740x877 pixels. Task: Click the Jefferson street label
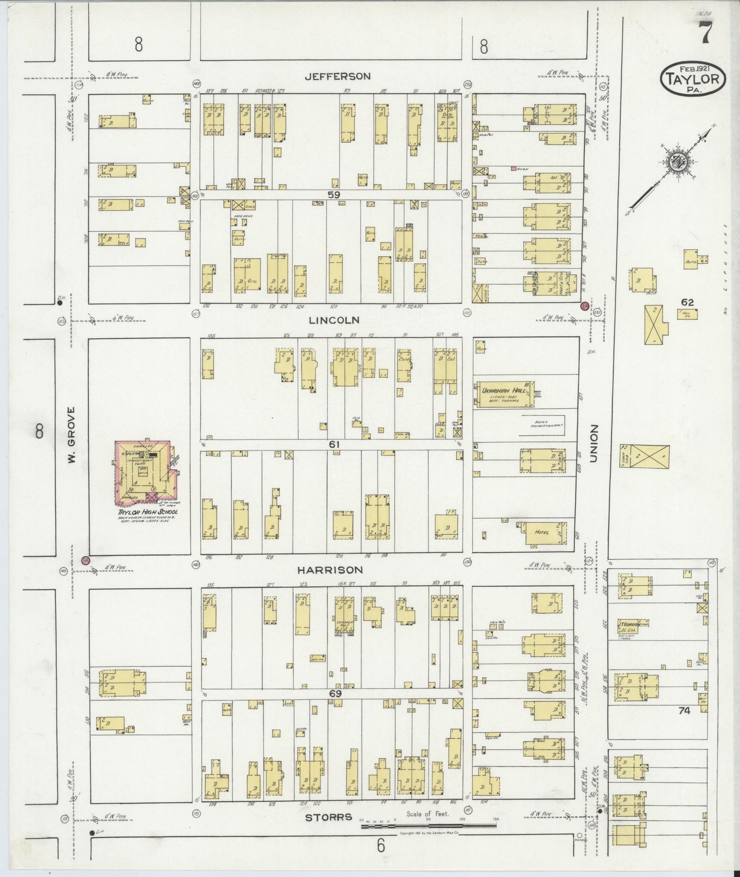pyautogui.click(x=337, y=76)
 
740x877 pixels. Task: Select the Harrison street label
pyautogui.click(x=330, y=569)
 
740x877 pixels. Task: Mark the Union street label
pyautogui.click(x=594, y=444)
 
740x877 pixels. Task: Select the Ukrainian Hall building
pyautogui.click(x=504, y=394)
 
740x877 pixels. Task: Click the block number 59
pyautogui.click(x=334, y=194)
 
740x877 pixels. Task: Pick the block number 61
pyautogui.click(x=334, y=445)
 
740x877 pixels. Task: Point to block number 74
pyautogui.click(x=684, y=710)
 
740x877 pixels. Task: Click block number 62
pyautogui.click(x=687, y=302)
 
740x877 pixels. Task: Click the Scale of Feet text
pyautogui.click(x=427, y=828)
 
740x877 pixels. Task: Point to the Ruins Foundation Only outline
pyautogui.click(x=543, y=425)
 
